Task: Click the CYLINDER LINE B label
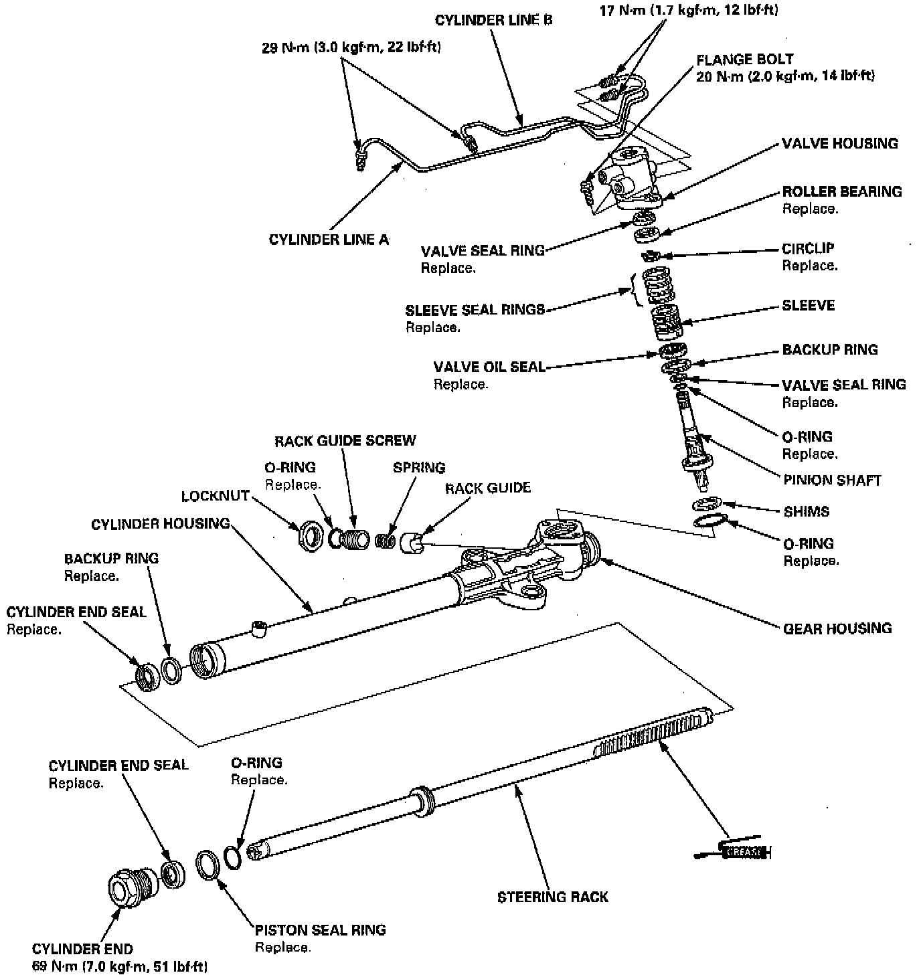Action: (494, 20)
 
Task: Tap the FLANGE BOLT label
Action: (744, 59)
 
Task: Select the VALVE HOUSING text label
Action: (839, 143)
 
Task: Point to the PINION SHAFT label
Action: (832, 480)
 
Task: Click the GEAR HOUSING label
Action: (837, 628)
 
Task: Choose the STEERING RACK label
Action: (553, 897)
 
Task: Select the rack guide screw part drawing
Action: (352, 537)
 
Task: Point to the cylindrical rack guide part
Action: (411, 541)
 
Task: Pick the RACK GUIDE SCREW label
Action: (345, 440)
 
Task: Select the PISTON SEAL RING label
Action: (320, 929)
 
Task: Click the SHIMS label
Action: (806, 511)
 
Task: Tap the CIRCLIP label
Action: (808, 248)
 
